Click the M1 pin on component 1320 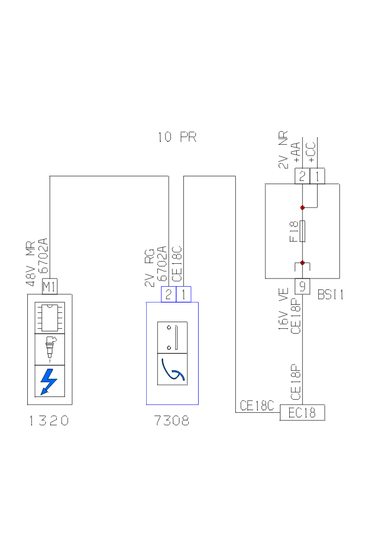50,286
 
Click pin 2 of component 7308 169,294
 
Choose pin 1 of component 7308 184,294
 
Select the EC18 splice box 302,413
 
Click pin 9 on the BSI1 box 302,286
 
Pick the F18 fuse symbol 302,232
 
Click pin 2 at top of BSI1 302,176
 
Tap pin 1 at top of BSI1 317,176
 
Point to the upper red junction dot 302,208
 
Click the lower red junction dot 302,263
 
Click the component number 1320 49,420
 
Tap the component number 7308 172,420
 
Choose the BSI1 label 331,295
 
